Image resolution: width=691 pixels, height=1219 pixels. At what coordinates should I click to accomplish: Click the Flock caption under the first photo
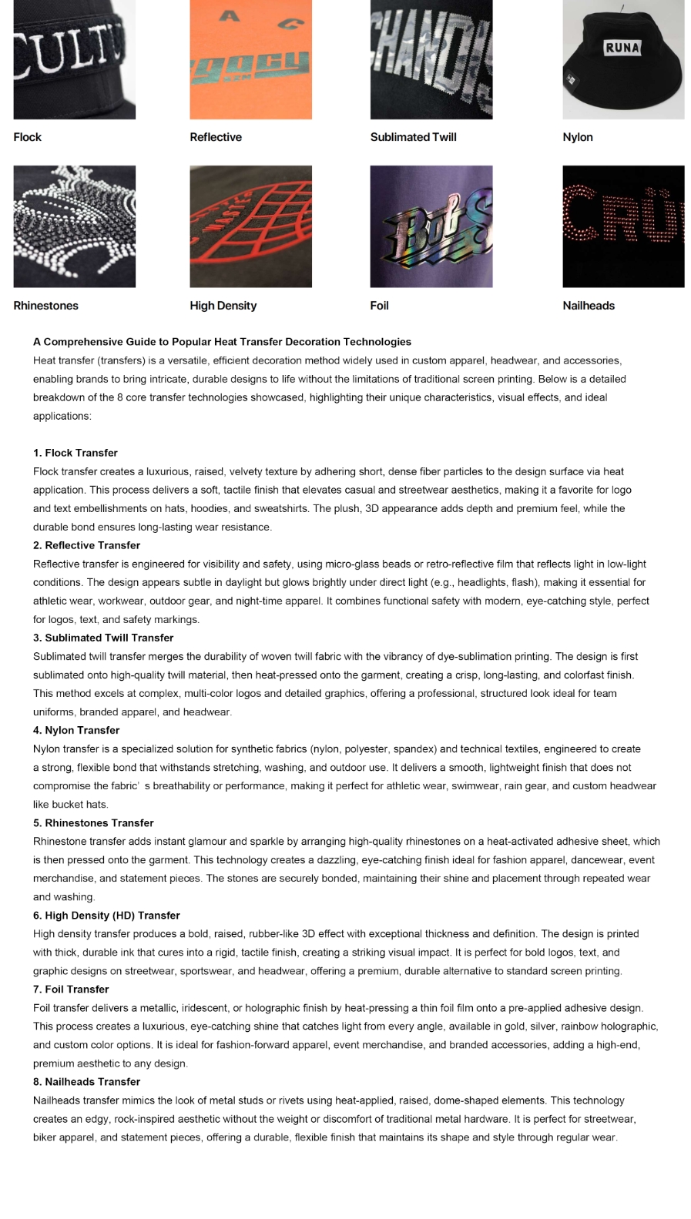point(27,137)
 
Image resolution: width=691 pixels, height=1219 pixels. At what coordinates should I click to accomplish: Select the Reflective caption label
point(216,137)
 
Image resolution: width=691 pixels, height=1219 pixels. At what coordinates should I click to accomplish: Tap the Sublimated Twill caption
point(413,137)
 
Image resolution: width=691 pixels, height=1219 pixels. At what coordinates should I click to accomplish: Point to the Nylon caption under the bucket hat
point(578,137)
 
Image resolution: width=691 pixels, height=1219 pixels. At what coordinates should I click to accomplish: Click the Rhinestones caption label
point(45,306)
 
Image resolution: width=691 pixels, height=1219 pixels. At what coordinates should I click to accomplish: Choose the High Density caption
point(223,306)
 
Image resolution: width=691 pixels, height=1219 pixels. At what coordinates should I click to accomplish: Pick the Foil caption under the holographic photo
point(379,306)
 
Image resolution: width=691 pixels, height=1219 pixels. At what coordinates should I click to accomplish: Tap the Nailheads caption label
point(589,306)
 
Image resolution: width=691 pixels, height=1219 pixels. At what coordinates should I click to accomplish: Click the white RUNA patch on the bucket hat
point(622,48)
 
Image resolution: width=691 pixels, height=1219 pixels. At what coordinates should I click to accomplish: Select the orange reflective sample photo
point(250,59)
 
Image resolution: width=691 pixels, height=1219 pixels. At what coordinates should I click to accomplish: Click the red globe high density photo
point(250,226)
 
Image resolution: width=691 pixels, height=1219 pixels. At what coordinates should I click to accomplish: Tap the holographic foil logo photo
point(431,226)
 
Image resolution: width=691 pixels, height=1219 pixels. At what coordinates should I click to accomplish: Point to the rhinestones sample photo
point(74,226)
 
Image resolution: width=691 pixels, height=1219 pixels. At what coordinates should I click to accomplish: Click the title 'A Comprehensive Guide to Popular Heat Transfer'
point(222,342)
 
